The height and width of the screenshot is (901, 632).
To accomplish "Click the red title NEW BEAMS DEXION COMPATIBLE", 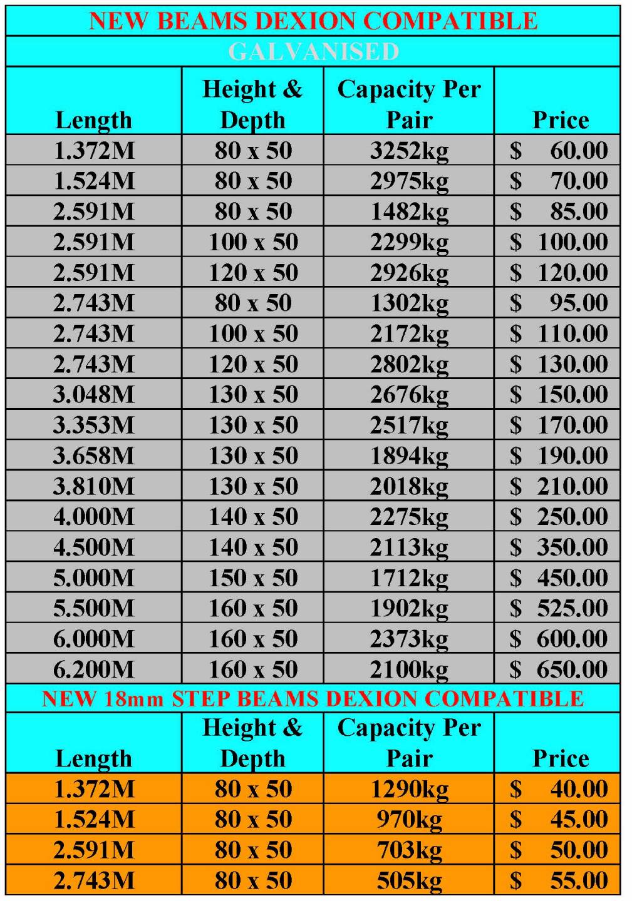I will (x=313, y=21).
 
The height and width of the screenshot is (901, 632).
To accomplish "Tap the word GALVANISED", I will (x=313, y=51).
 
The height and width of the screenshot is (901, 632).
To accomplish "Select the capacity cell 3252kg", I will (x=409, y=151).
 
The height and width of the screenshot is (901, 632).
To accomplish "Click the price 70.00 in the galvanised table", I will (x=578, y=181).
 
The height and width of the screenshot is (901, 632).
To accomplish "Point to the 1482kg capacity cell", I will (x=409, y=212).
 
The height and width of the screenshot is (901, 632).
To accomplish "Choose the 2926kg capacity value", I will (x=409, y=273).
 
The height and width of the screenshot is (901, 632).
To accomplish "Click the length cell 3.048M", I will (x=94, y=395).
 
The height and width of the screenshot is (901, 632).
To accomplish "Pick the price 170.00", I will (x=572, y=425).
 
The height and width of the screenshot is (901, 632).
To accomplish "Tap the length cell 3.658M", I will (x=94, y=456).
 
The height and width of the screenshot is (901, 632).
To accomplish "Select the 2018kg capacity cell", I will (x=409, y=487).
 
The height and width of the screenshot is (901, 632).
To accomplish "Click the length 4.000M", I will (x=94, y=517).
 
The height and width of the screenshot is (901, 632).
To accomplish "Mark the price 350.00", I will (x=572, y=548).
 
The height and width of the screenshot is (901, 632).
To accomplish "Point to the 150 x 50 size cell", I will (x=253, y=578).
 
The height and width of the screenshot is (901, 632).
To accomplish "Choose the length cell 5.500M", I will (x=94, y=609).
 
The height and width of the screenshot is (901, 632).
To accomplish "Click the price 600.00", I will (x=572, y=639).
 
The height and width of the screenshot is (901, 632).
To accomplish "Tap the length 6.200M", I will (x=94, y=670).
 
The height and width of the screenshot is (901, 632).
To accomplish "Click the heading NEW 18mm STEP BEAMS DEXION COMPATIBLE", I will (x=313, y=698).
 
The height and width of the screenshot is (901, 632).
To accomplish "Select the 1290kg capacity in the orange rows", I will (x=409, y=789).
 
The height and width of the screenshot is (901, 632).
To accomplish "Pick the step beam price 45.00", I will (x=578, y=820).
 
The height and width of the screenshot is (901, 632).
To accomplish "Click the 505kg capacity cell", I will (x=409, y=881).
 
